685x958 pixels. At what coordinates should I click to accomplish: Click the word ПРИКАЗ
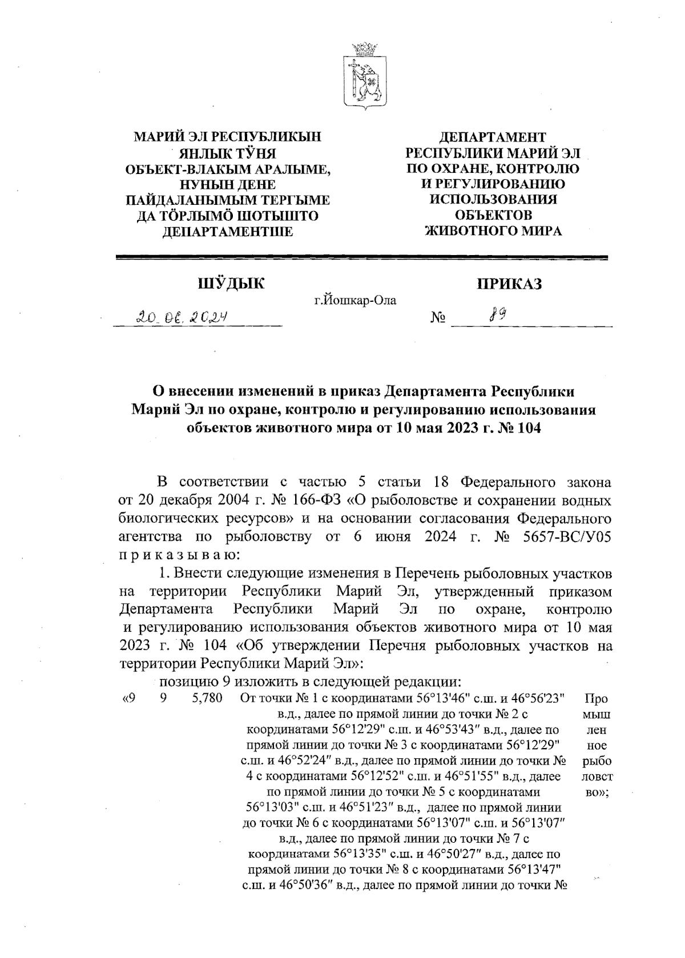[x=509, y=284]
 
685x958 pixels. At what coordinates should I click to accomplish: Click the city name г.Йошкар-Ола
[x=355, y=300]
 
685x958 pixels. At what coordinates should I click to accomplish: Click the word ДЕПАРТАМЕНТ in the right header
[x=492, y=138]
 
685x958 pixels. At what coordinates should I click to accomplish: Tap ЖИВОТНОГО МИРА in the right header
[x=494, y=231]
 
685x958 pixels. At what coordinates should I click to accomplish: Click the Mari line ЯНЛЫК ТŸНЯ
[x=228, y=153]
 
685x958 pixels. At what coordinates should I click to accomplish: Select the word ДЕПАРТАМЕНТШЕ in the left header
[x=228, y=231]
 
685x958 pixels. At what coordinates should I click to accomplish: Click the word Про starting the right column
[x=596, y=698]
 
